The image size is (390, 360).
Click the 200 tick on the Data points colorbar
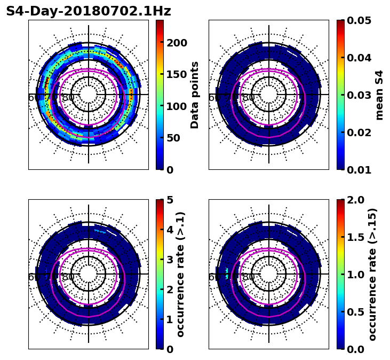pyautogui.click(x=177, y=43)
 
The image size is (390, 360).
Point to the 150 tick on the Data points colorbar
pyautogui.click(x=177, y=75)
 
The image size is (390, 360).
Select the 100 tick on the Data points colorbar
pyautogui.click(x=177, y=106)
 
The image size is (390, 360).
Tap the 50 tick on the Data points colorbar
pyautogui.click(x=177, y=138)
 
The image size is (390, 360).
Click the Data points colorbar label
pyautogui.click(x=195, y=95)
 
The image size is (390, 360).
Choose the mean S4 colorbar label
pyautogui.click(x=379, y=95)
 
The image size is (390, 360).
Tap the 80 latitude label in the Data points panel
pyautogui.click(x=68, y=98)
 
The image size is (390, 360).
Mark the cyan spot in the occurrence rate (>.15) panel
pyautogui.click(x=227, y=273)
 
